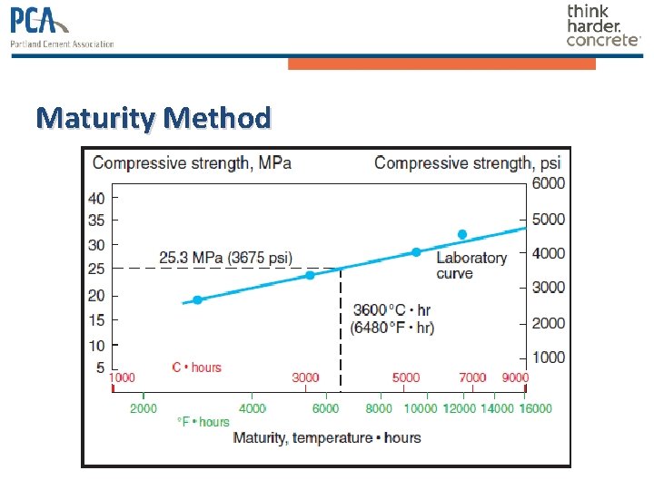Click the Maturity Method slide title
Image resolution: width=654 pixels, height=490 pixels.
(x=154, y=118)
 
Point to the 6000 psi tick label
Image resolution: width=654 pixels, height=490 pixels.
(x=548, y=183)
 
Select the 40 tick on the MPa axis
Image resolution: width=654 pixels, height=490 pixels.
(x=96, y=198)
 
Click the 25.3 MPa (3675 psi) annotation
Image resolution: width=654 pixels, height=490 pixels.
(x=225, y=258)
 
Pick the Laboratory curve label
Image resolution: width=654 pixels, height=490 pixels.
(x=471, y=265)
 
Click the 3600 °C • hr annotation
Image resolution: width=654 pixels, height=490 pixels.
(x=392, y=310)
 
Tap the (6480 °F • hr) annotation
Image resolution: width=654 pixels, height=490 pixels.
(x=392, y=328)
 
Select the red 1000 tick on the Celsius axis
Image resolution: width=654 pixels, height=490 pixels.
(x=122, y=377)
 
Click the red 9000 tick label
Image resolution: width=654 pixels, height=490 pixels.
(x=515, y=377)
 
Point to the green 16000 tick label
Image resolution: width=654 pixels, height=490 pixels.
(x=535, y=409)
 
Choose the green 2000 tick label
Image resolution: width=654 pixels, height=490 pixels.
(x=143, y=409)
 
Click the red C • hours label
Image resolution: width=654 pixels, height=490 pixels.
(x=196, y=367)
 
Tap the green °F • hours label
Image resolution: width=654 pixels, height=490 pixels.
(x=203, y=422)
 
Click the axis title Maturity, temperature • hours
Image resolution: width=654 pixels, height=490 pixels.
(x=327, y=437)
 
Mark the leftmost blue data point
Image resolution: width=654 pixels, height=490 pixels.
(x=197, y=299)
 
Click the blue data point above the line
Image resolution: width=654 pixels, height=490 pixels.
(x=461, y=234)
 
